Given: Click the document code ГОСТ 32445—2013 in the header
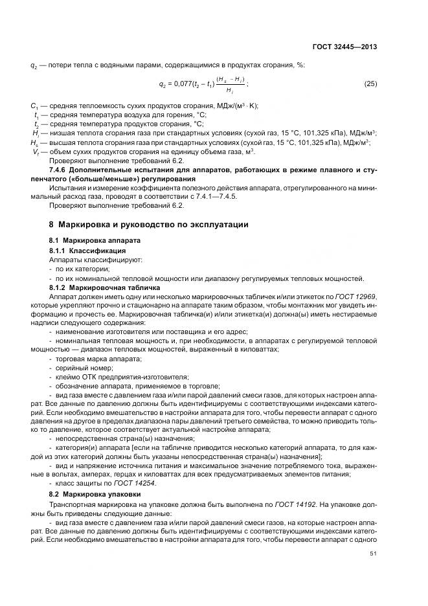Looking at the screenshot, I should (x=345, y=47).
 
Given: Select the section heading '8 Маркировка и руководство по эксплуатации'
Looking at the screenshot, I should (x=149, y=225).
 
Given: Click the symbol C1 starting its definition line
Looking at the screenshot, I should (x=34, y=106).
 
